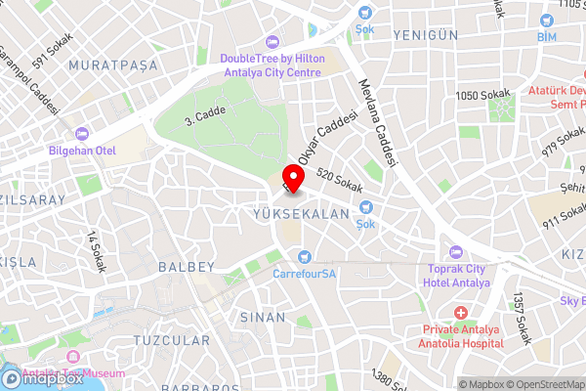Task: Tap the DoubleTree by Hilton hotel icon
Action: tap(272, 42)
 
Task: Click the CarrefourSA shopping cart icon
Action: tap(305, 257)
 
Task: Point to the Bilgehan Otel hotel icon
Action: tap(82, 133)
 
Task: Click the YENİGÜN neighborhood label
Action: tap(425, 34)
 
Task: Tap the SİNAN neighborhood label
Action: tap(264, 317)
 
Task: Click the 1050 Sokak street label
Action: tap(483, 95)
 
